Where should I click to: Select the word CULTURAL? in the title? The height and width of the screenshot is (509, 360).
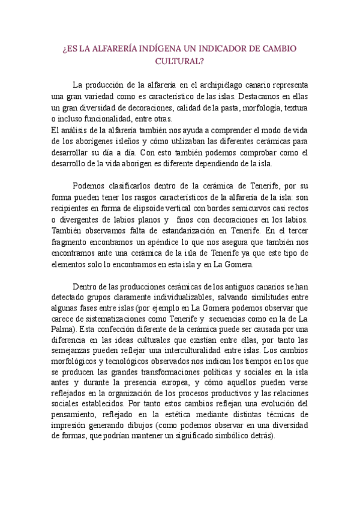click(x=180, y=61)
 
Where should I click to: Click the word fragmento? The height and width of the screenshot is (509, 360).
click(x=68, y=242)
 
